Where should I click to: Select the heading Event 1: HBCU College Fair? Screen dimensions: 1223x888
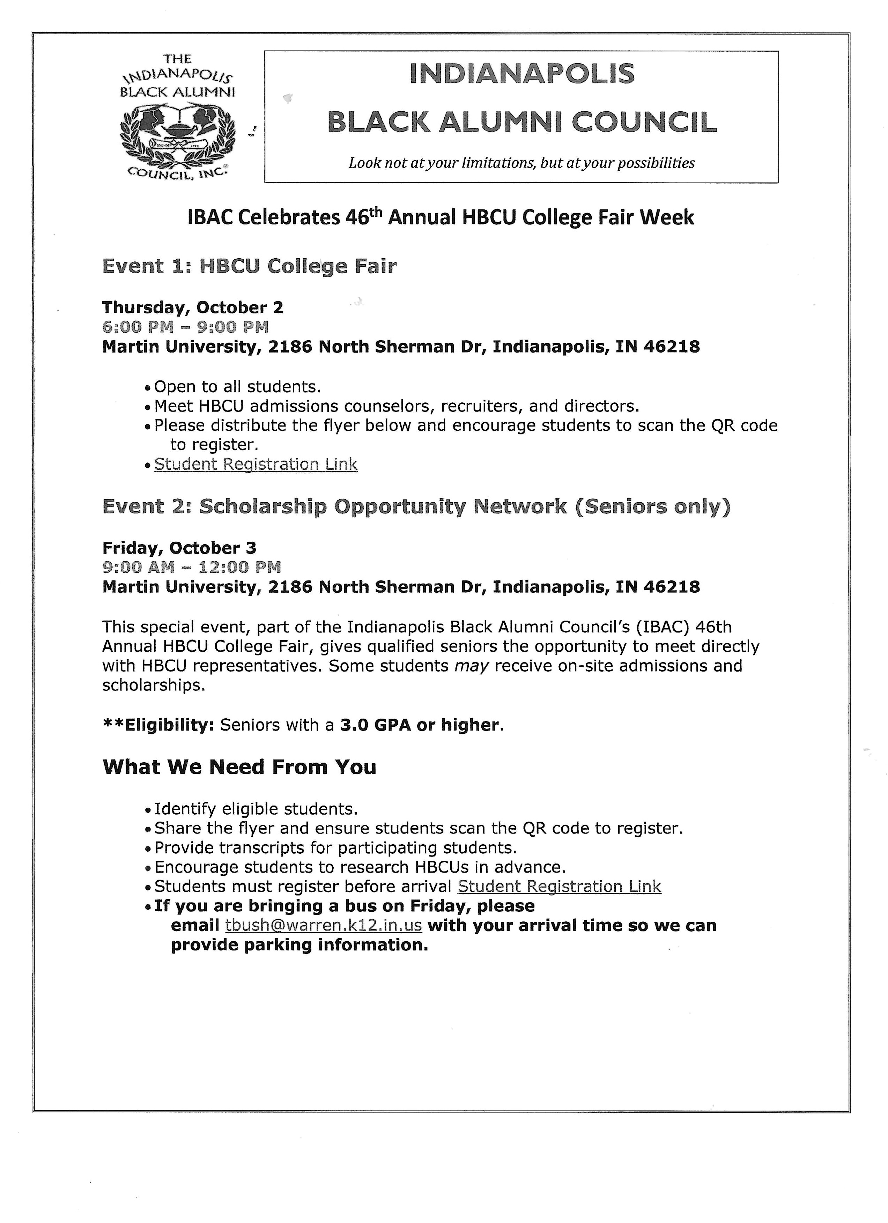(249, 266)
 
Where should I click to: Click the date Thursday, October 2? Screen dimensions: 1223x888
(192, 307)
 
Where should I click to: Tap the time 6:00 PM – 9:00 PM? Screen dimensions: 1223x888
(185, 327)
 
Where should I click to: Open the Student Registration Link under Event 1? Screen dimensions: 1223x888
(256, 464)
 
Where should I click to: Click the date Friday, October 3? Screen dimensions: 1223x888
(179, 548)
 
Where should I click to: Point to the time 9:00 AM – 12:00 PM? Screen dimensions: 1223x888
(191, 567)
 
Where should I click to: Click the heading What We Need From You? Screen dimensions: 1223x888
(239, 767)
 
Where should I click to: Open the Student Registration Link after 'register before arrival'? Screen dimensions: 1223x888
(559, 887)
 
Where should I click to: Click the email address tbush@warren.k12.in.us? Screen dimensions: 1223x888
(324, 925)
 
